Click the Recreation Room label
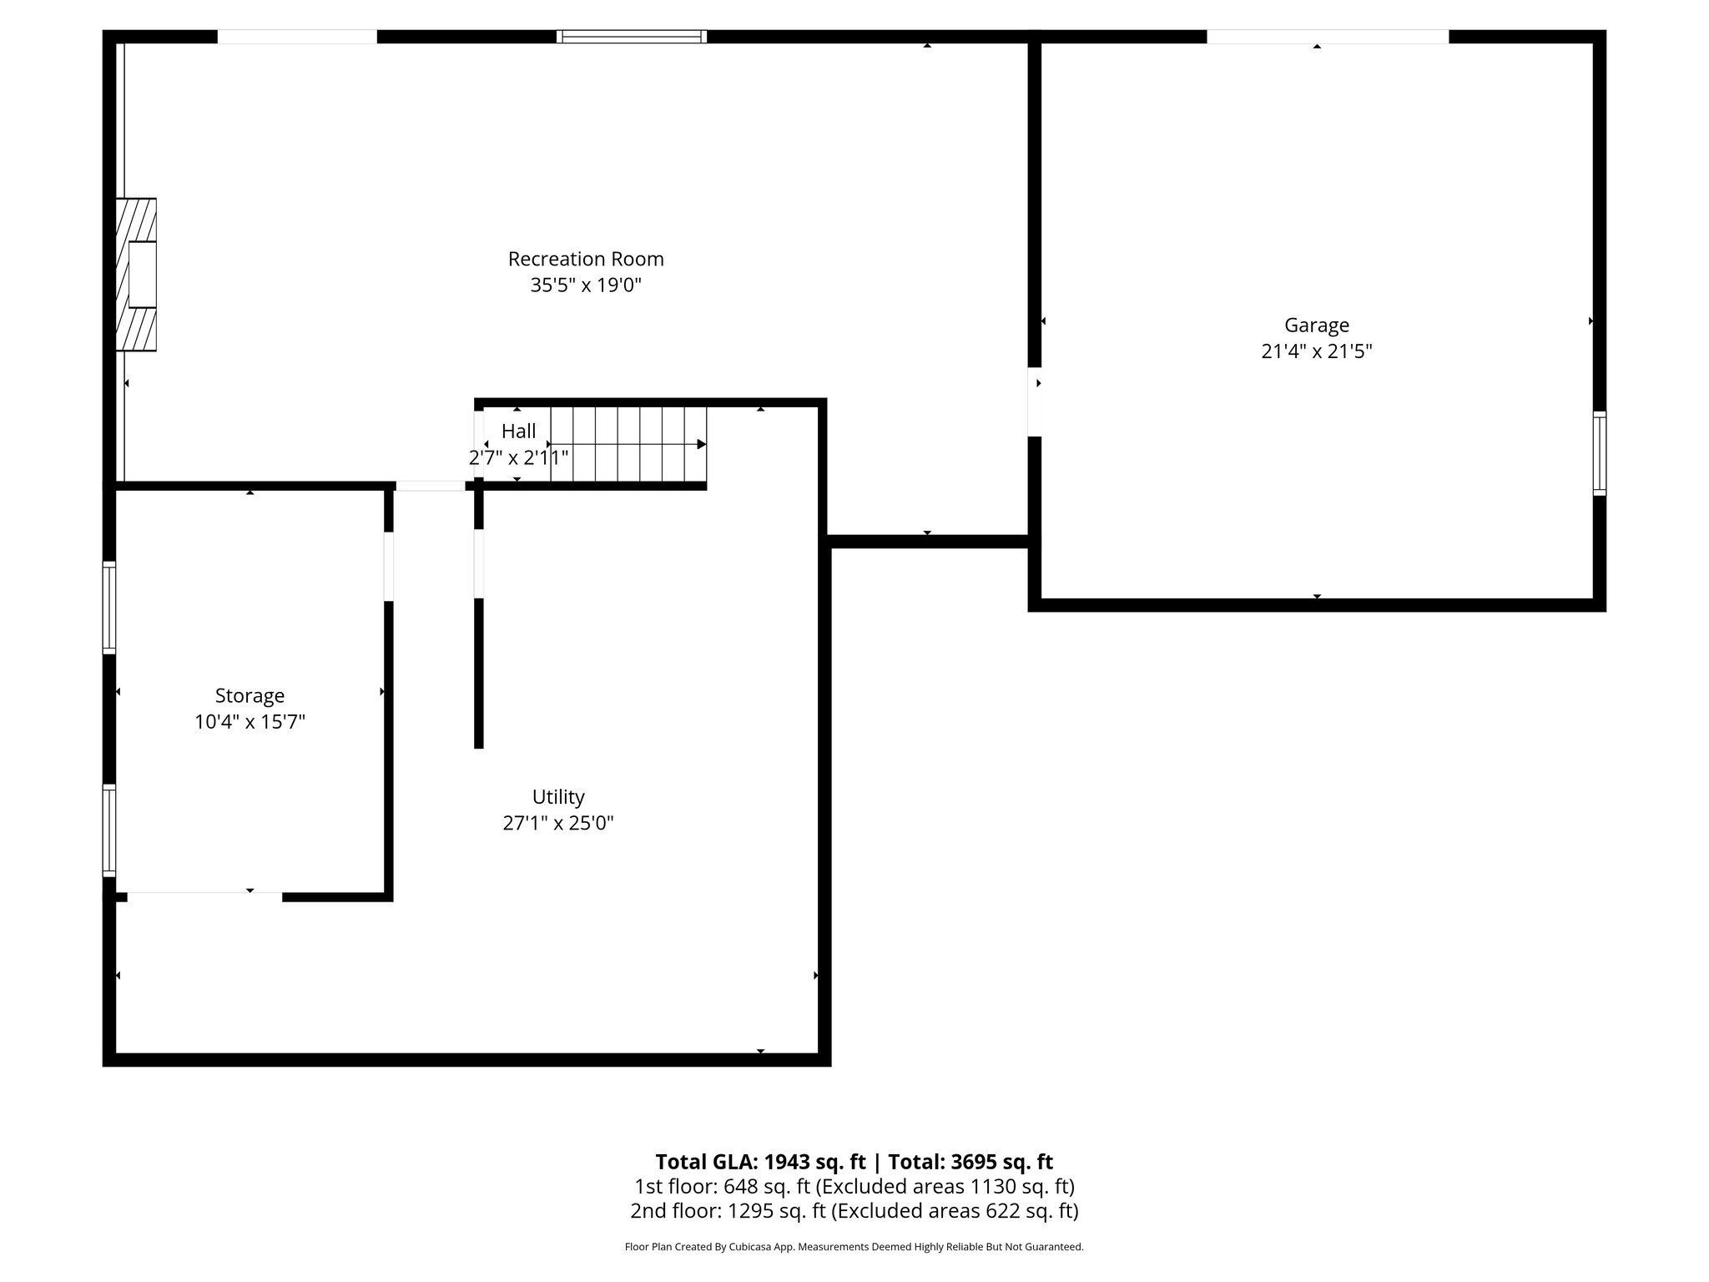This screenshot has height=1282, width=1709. point(586,259)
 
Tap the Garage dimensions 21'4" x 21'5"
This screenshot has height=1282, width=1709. point(1316,351)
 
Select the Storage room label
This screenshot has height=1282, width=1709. point(250,695)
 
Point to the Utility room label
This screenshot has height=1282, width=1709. point(558,796)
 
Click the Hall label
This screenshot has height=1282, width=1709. point(518,431)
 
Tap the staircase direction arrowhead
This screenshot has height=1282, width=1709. point(702,444)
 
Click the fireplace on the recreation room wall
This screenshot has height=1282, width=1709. point(137,275)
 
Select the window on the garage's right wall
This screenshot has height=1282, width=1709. point(1599,453)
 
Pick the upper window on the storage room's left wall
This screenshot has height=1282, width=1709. point(109,607)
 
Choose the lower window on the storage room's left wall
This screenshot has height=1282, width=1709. point(109,830)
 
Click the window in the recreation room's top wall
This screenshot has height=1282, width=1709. point(632,37)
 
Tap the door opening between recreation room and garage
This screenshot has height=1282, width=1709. point(1035,401)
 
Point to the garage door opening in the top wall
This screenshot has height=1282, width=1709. point(1327,37)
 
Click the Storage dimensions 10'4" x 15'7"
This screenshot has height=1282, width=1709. point(250,722)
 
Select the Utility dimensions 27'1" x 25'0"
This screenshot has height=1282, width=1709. point(558,823)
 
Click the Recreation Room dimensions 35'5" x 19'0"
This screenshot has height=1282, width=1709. point(586,285)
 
